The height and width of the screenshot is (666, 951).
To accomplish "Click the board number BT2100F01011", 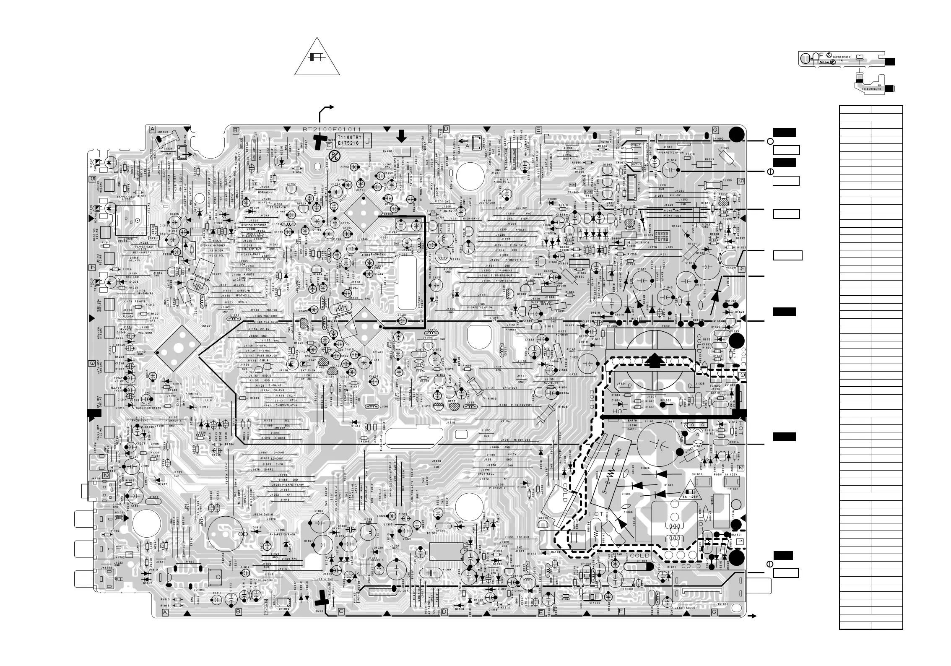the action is (332, 130).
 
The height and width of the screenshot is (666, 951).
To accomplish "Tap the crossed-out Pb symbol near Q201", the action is (334, 156).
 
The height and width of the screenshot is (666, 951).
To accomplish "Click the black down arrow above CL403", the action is (401, 135).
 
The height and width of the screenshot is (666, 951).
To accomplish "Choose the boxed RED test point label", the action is (572, 185).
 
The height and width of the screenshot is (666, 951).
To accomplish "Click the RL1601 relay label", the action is (545, 552).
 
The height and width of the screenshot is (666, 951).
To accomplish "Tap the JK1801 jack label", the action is (96, 478).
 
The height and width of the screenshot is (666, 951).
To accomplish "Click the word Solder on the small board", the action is (824, 61).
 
